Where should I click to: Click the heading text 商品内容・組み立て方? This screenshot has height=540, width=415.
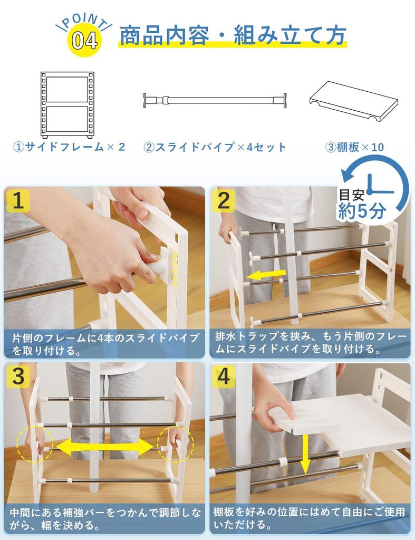point(233,35)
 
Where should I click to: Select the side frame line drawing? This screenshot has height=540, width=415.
point(67,105)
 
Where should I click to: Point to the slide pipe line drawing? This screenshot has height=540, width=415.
point(215,100)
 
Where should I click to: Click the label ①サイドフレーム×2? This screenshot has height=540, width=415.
point(69,147)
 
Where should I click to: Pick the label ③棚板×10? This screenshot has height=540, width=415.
point(354,147)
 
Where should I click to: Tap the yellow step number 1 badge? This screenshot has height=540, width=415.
point(18,201)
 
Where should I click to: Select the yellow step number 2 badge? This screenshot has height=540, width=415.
point(224,201)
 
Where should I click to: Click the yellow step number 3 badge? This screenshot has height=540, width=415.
point(18,377)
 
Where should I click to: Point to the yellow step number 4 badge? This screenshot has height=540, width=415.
point(224,377)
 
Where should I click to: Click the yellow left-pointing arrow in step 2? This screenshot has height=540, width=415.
point(267,275)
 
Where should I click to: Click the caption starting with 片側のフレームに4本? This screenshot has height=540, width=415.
point(105,343)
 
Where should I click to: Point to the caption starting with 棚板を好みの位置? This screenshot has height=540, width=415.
point(310,518)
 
